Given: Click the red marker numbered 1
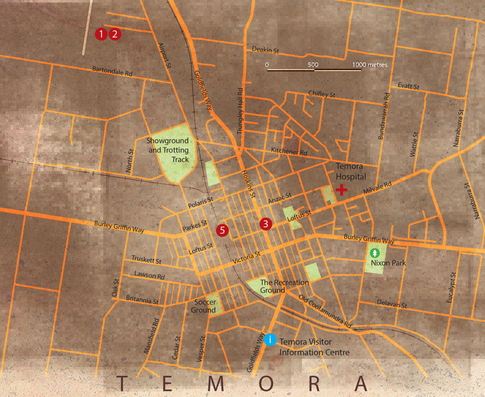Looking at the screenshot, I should [x=101, y=34].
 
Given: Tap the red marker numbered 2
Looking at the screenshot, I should [x=115, y=34].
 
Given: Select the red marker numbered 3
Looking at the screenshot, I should [x=266, y=224].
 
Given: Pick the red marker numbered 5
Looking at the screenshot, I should [x=222, y=230].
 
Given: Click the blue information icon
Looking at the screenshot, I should [x=270, y=340].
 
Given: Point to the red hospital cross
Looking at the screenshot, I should [x=341, y=190].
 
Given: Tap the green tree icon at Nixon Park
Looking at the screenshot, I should [x=375, y=253].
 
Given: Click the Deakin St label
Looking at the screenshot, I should [x=265, y=50].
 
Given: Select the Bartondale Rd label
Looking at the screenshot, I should [x=112, y=71].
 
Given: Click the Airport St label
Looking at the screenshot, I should [x=165, y=56].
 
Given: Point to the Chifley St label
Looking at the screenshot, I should [x=322, y=94].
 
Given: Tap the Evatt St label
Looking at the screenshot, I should [x=408, y=86].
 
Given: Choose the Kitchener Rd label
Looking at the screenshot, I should [x=289, y=151].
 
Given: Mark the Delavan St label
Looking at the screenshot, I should [x=392, y=304].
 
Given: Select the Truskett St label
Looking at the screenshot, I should [x=146, y=260].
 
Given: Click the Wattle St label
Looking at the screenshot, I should [x=414, y=144].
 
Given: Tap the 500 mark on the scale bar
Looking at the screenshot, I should [x=313, y=65].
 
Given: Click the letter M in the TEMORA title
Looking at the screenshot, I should [x=216, y=383].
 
